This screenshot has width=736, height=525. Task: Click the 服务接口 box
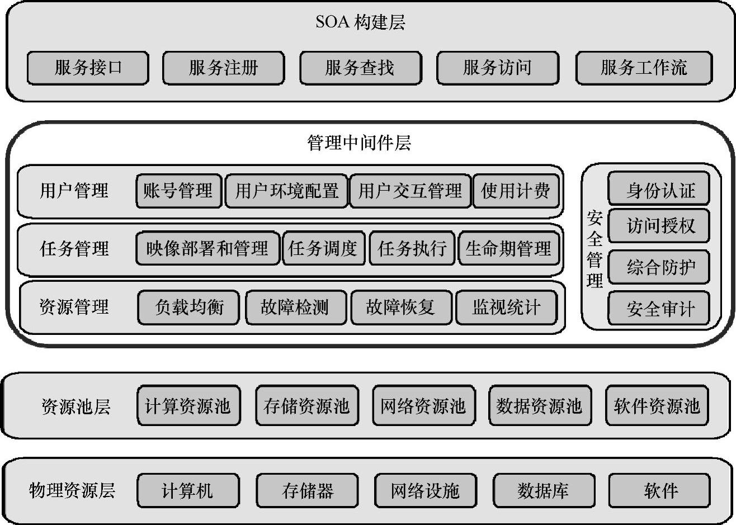pyautogui.click(x=88, y=68)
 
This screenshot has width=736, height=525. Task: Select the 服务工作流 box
pyautogui.click(x=644, y=68)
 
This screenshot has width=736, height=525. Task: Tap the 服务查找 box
pyautogui.click(x=360, y=68)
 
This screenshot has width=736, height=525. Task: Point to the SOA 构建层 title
pyautogui.click(x=360, y=22)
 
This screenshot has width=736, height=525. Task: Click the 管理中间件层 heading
pyautogui.click(x=360, y=143)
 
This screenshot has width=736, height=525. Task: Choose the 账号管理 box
pyautogui.click(x=178, y=191)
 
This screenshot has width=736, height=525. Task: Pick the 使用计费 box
pyautogui.click(x=516, y=191)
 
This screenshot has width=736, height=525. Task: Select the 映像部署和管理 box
pyautogui.click(x=207, y=248)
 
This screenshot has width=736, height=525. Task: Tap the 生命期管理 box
pyautogui.click(x=508, y=248)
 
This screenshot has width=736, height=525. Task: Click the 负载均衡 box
pyautogui.click(x=188, y=307)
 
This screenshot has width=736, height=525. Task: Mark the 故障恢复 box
pyautogui.click(x=400, y=307)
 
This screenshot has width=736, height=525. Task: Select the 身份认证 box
pyautogui.click(x=659, y=190)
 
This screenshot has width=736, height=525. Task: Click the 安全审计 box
pyautogui.click(x=659, y=309)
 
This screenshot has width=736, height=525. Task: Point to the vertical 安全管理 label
pyautogui.click(x=594, y=249)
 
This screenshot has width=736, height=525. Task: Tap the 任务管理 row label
pyautogui.click(x=74, y=248)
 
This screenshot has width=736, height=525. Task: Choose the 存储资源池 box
pyautogui.click(x=306, y=406)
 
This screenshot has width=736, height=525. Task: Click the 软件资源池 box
pyautogui.click(x=657, y=406)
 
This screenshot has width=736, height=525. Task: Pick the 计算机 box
pyautogui.click(x=188, y=491)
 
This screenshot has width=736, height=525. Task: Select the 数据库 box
pyautogui.click(x=542, y=491)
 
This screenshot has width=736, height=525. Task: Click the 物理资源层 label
pyautogui.click(x=72, y=491)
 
